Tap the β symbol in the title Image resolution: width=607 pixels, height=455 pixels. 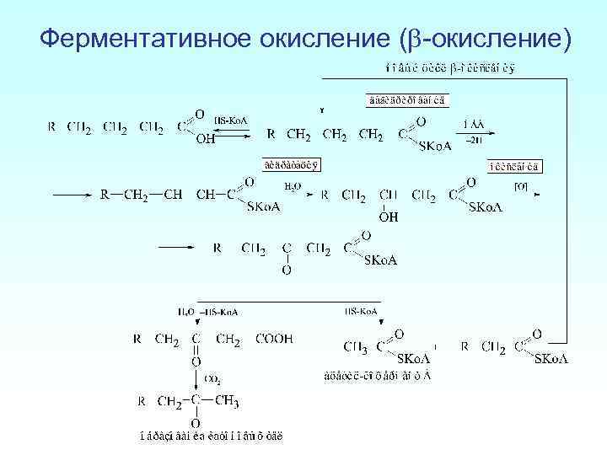pos(411,40)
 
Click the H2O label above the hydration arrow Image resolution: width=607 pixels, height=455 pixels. pos(291,186)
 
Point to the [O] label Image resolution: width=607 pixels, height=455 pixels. pos(521,186)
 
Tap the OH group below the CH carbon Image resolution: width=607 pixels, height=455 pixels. pos(388,217)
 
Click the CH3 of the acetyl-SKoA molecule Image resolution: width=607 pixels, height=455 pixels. pos(356,346)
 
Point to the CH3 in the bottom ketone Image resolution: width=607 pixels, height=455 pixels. pos(225,401)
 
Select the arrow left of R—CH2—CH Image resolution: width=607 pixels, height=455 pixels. pos(71,195)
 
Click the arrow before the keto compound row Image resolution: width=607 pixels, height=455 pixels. pos(177,248)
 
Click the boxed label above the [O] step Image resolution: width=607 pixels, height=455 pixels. pos(514,165)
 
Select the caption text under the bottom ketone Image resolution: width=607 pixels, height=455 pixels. pos(211,436)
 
